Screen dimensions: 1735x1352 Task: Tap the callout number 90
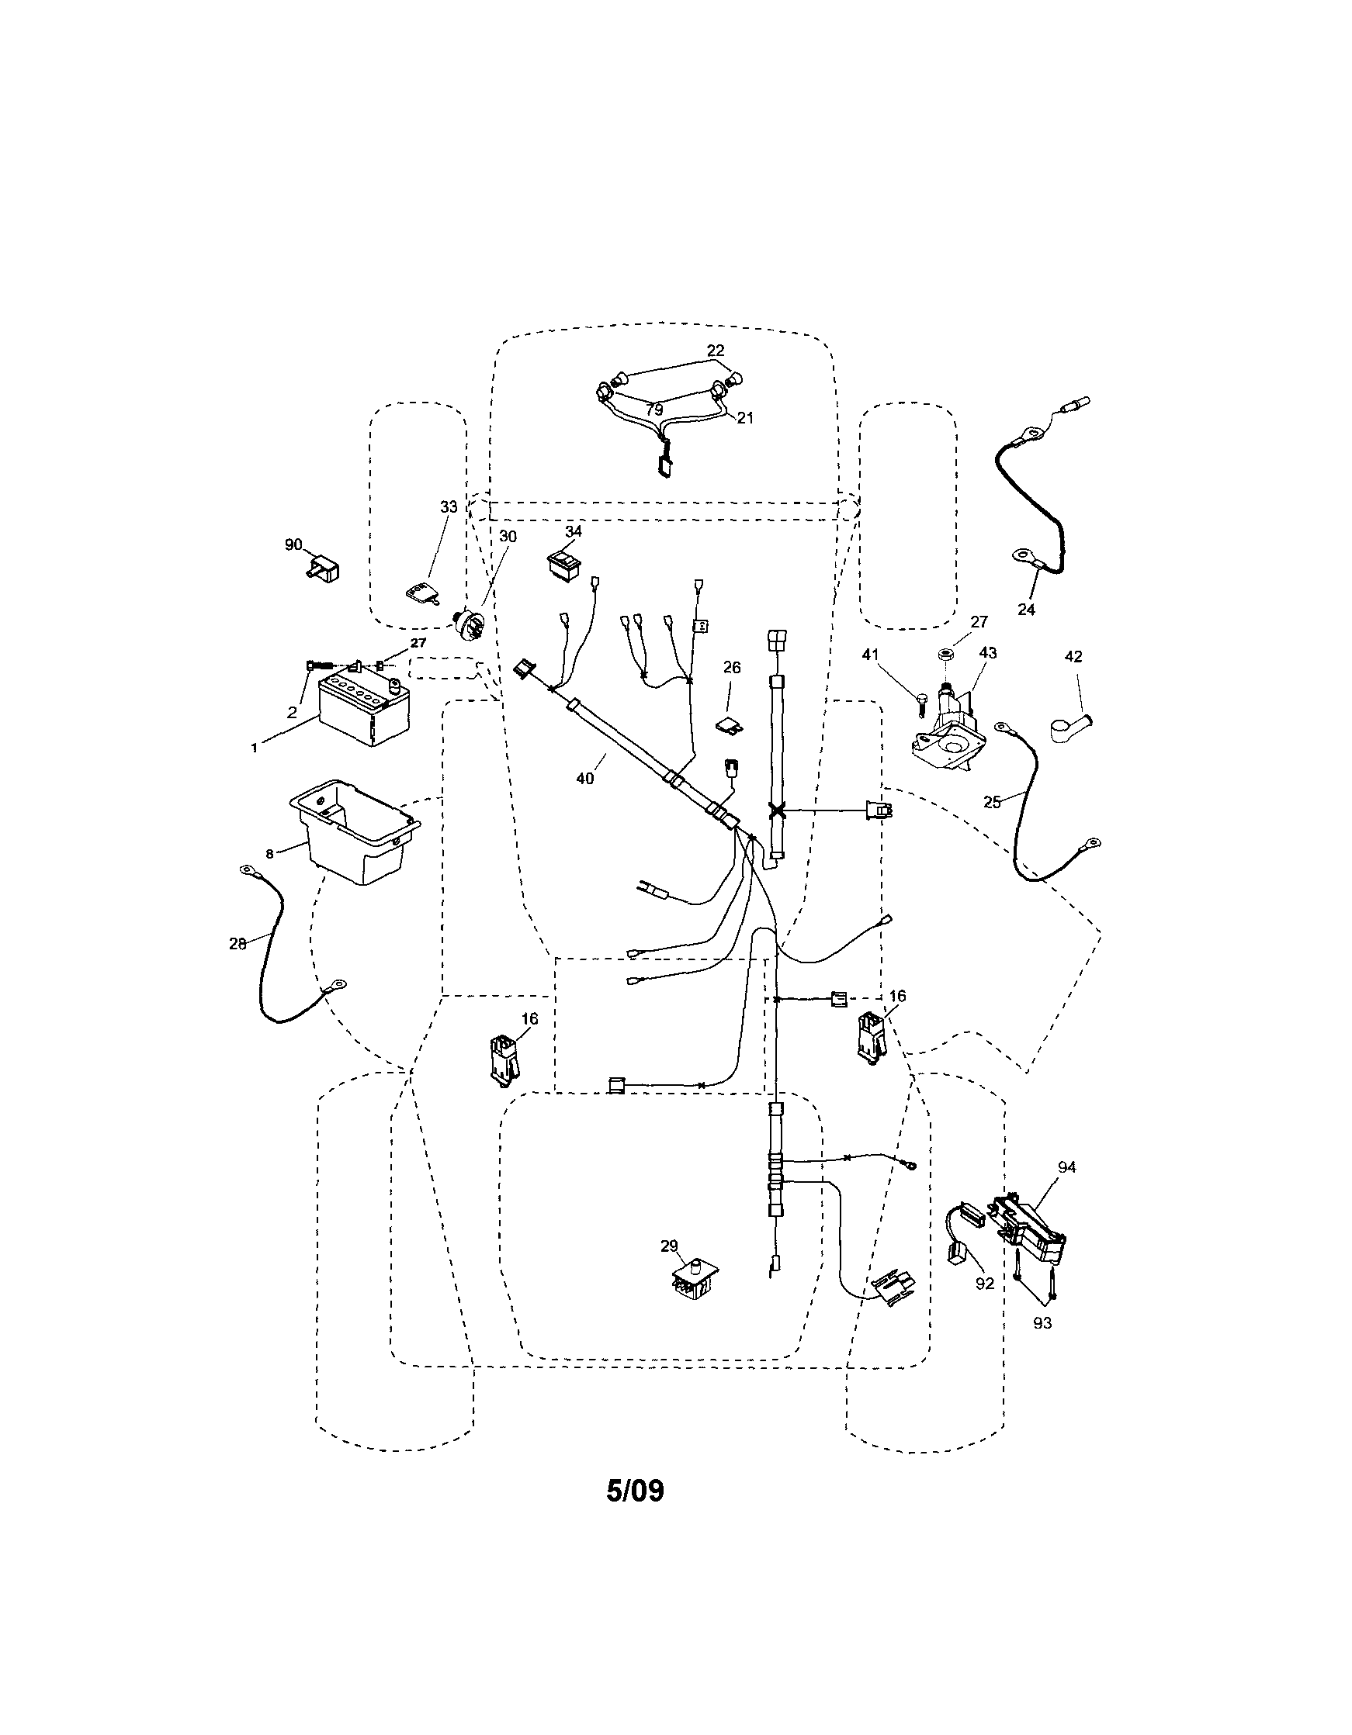[x=293, y=545]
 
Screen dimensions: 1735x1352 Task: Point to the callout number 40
[x=584, y=779]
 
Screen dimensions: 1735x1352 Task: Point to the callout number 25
[x=992, y=803]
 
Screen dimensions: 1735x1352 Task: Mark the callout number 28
[x=237, y=944]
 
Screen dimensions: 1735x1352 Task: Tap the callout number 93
[x=1042, y=1322]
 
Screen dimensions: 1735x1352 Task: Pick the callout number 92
[x=985, y=1284]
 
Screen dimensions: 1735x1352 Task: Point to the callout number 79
[x=654, y=410]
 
